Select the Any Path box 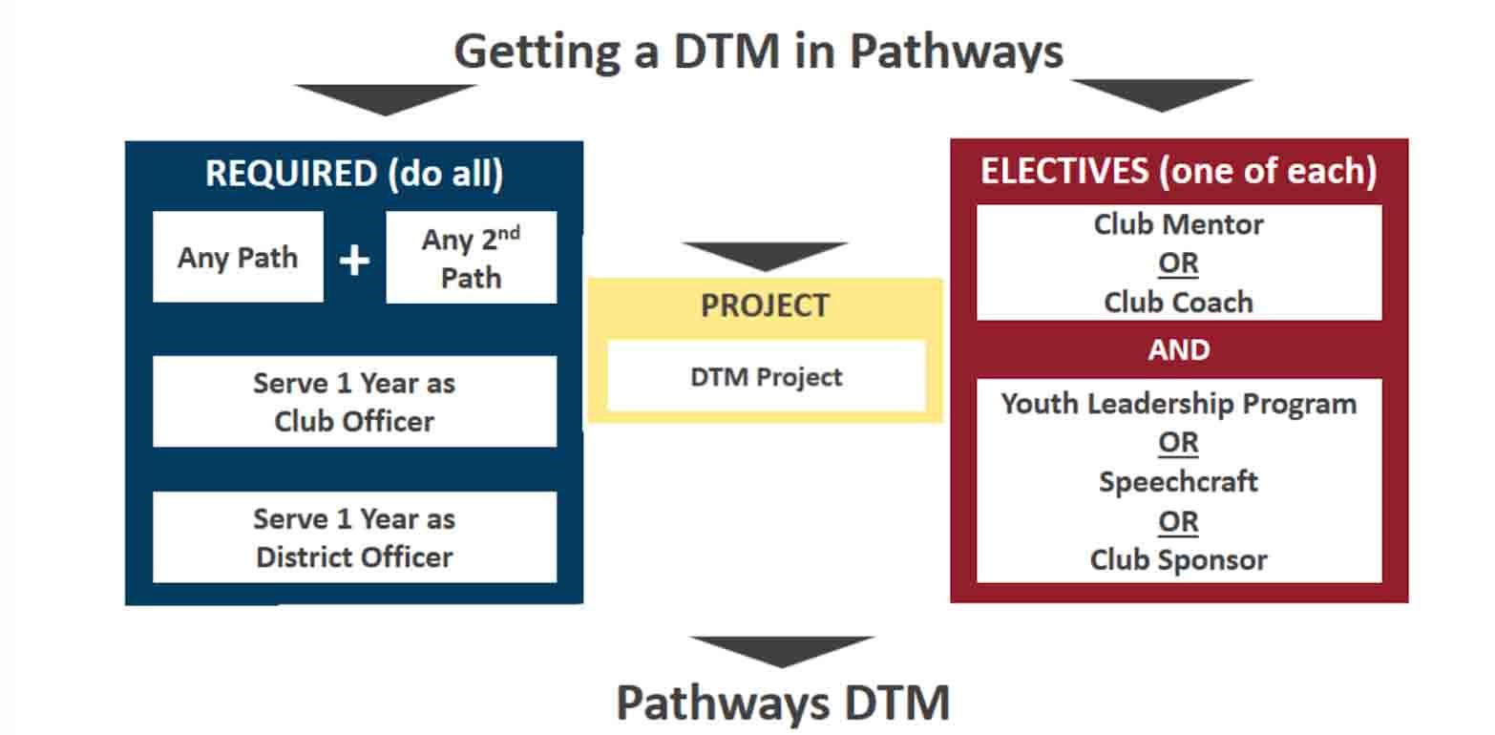tap(238, 258)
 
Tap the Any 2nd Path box tap(471, 258)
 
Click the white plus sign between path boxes tap(354, 259)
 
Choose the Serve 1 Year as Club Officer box tap(354, 401)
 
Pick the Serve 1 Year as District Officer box tap(354, 537)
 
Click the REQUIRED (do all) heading tap(354, 174)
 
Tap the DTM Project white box tap(766, 376)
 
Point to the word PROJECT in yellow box tap(765, 305)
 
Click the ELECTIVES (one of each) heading tap(1179, 171)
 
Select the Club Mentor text tap(1179, 224)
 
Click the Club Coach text tap(1179, 302)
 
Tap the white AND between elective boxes tap(1179, 349)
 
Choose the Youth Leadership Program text tap(1179, 403)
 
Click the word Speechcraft tap(1179, 481)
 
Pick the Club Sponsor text tap(1179, 559)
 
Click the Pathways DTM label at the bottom tap(783, 703)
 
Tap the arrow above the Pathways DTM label tap(782, 650)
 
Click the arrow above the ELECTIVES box tap(1162, 94)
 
